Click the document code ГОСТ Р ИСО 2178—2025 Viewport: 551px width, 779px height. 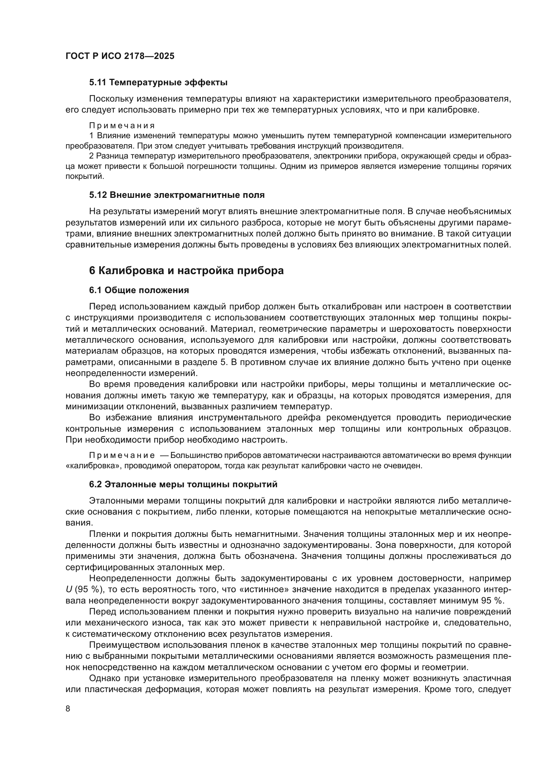click(120, 56)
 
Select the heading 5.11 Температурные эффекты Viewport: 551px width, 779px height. click(158, 83)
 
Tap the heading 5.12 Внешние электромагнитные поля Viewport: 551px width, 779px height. click(177, 195)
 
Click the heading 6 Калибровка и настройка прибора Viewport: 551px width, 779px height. click(186, 271)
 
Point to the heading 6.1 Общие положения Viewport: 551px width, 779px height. click(139, 290)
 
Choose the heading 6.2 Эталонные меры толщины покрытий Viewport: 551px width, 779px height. click(183, 485)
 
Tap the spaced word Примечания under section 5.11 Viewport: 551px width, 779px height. click(122, 126)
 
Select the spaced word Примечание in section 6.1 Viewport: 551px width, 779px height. click(122, 455)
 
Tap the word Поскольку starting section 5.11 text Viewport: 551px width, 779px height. click(111, 99)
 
